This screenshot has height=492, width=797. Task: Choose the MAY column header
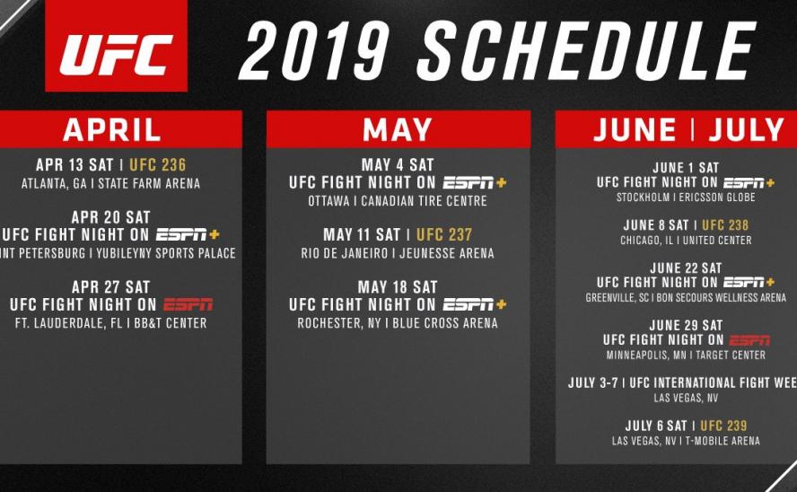(x=398, y=129)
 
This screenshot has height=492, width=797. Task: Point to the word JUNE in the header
(x=635, y=129)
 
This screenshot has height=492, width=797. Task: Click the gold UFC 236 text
(x=158, y=165)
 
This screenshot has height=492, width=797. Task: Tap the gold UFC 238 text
(x=724, y=224)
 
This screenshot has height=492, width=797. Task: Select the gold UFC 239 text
(x=723, y=425)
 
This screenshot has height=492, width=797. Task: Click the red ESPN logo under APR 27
(x=188, y=304)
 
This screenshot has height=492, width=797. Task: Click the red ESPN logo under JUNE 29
(x=749, y=340)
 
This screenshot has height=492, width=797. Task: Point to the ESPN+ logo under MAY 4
(x=475, y=182)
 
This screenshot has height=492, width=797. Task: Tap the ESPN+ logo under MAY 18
(x=475, y=304)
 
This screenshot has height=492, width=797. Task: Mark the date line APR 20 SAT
(x=111, y=217)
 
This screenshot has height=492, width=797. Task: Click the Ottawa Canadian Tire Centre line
(x=398, y=200)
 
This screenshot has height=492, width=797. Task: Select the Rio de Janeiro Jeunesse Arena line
(x=398, y=253)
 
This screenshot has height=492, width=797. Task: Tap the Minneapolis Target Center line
(x=686, y=356)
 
